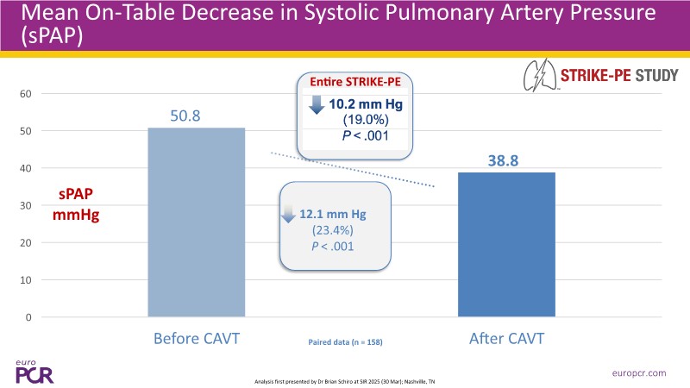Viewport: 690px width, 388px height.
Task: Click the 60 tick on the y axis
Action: click(x=25, y=93)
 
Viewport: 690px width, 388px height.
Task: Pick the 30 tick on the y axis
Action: click(x=25, y=205)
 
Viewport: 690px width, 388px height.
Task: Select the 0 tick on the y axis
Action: click(x=28, y=317)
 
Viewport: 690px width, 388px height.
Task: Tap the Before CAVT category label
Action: click(x=197, y=338)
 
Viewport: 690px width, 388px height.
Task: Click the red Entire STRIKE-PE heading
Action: click(x=354, y=83)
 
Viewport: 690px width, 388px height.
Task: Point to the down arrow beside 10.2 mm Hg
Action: click(x=317, y=104)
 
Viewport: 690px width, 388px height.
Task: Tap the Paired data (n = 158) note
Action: click(x=345, y=342)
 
